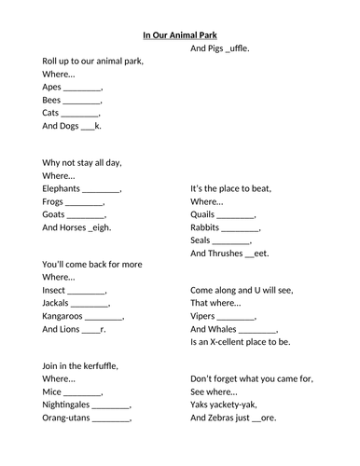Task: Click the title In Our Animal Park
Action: pos(180,35)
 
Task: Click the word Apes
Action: pos(52,87)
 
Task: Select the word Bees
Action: pos(52,100)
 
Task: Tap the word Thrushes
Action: pos(211,253)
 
